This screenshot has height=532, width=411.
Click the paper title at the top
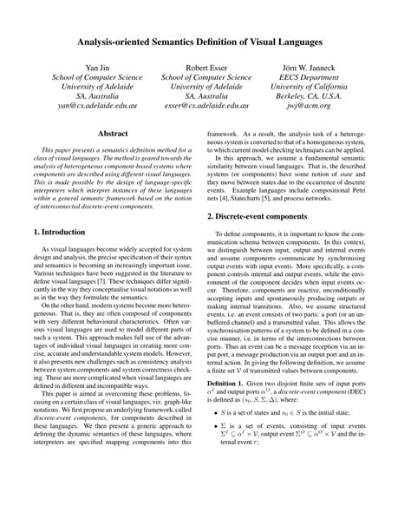click(x=205, y=42)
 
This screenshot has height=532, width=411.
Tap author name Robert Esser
click(x=205, y=67)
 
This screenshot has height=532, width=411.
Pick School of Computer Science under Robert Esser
click(x=205, y=76)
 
